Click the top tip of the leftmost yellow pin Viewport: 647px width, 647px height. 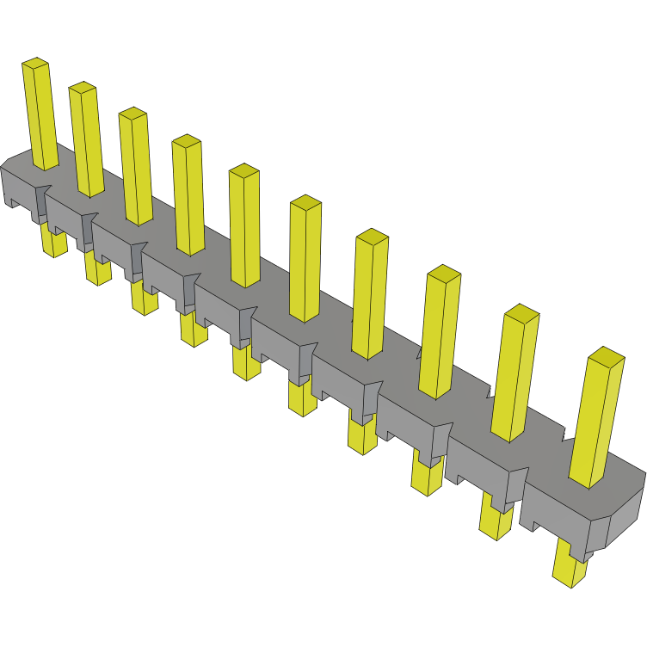(35, 63)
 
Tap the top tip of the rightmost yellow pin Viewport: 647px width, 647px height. (607, 356)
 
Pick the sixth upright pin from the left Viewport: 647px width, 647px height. (305, 258)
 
